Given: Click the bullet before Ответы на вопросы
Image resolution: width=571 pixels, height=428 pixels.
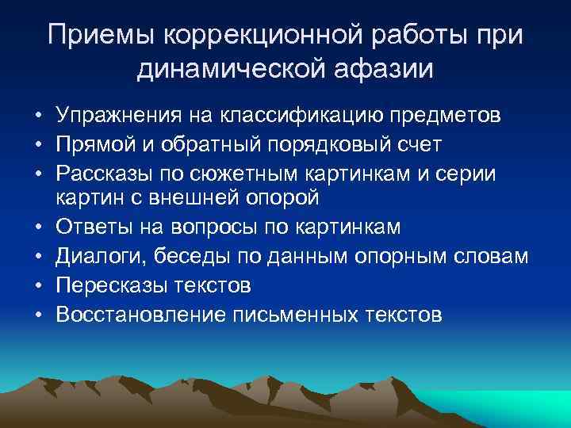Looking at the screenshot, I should click(38, 228).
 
